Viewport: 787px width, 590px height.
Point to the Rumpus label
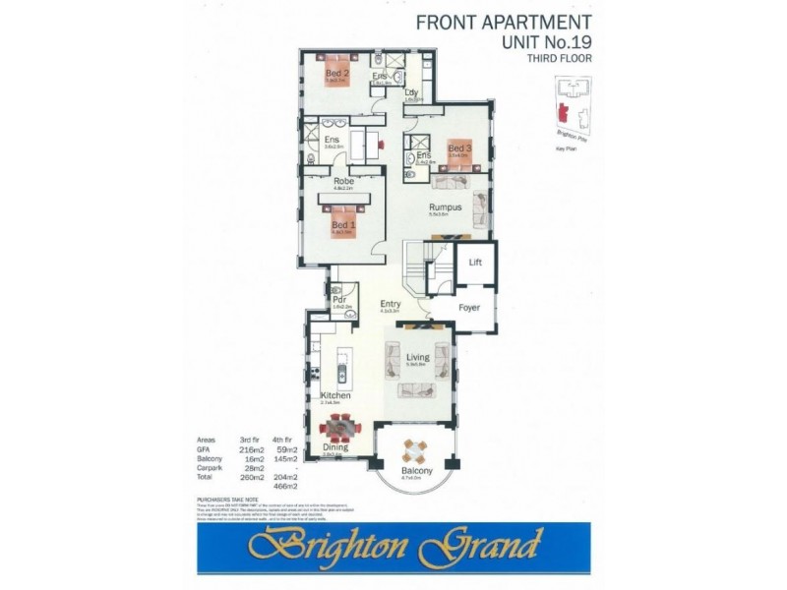(445, 207)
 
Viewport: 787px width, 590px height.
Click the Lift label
(475, 263)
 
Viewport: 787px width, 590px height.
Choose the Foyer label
(469, 308)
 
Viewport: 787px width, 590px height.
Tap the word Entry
(391, 305)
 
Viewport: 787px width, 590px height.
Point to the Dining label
(335, 447)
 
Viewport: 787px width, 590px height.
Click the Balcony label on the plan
(417, 472)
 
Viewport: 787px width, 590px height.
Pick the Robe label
(343, 182)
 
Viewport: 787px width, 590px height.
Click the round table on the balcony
(416, 452)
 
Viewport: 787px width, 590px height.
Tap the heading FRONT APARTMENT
(504, 22)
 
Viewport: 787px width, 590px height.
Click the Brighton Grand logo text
(393, 542)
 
